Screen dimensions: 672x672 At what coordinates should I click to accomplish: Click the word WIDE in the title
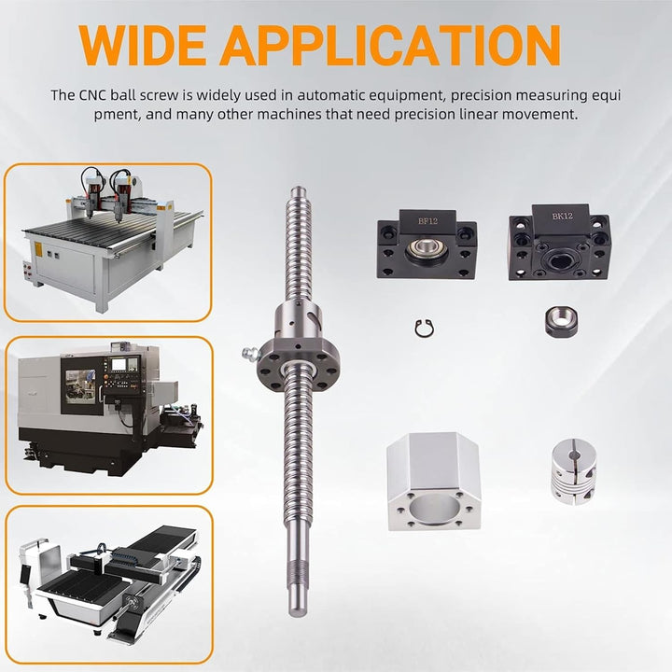coord(142,46)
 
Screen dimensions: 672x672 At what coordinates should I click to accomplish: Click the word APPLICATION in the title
coord(390,46)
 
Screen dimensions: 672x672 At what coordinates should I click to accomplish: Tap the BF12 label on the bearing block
coord(427,221)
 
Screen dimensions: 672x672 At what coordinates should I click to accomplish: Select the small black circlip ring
coord(426,328)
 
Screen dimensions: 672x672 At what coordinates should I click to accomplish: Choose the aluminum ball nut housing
coord(434,481)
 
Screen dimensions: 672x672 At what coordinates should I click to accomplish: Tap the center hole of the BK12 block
coord(558,259)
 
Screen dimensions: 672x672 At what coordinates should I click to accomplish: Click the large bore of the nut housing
coord(434,509)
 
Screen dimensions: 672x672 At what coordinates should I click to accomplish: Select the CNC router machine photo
coord(108,243)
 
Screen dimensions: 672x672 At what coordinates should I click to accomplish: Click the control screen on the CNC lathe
coord(119,364)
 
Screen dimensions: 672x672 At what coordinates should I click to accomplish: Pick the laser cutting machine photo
coord(109,585)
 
